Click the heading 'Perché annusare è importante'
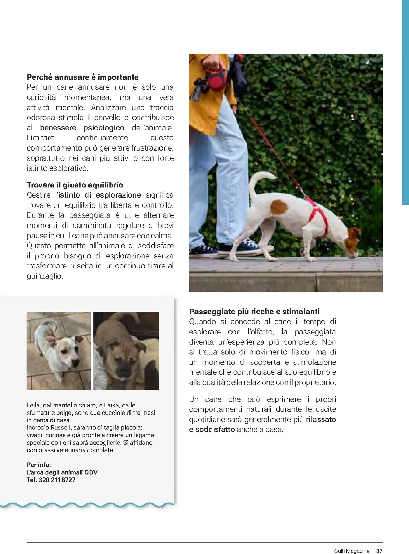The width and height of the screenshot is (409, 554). tap(83, 77)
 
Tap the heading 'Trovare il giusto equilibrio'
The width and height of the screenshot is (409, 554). tap(75, 185)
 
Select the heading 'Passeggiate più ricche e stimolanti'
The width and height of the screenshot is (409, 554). tap(254, 311)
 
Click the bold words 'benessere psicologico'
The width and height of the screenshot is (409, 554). tap(82, 128)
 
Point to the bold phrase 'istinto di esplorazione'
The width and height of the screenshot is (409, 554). tap(100, 195)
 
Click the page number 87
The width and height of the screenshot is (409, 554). tap(379, 551)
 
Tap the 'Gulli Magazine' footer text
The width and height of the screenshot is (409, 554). tap(351, 551)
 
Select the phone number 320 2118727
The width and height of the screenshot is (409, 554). tap(57, 480)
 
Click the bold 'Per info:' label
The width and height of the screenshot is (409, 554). tap(39, 465)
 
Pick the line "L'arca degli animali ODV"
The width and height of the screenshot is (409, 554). tap(62, 472)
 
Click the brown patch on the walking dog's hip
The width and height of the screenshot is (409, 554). tap(279, 207)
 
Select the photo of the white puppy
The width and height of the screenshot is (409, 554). tap(59, 351)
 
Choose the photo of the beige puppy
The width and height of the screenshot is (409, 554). tap(126, 351)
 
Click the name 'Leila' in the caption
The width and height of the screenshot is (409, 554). tap(33, 405)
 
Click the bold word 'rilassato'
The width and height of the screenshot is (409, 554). tap(321, 419)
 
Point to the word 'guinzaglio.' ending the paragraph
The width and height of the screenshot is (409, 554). tap(45, 276)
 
